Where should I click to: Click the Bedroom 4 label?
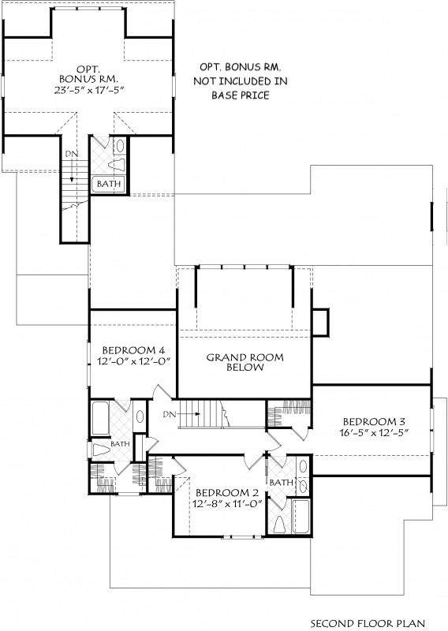pos(133,350)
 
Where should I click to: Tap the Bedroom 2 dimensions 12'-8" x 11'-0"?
pos(227,503)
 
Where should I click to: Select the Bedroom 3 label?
pos(374,421)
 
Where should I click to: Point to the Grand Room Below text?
pos(245,362)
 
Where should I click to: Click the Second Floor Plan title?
pos(368,623)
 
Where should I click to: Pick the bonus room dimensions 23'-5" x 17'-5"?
pos(88,89)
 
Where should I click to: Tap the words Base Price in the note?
pos(241,95)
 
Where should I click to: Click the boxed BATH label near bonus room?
pos(109,184)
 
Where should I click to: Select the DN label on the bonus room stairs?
pos(72,154)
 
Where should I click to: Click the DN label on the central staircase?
pos(170,414)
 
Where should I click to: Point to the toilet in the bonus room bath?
pos(118,165)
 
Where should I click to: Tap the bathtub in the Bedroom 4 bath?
pos(100,418)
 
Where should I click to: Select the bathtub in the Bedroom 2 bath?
pos(301,517)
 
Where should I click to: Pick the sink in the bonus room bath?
pos(120,146)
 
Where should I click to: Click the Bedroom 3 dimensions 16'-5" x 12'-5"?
pos(374,432)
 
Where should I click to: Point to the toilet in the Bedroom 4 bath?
pos(101,450)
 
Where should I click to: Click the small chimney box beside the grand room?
pos(321,322)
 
